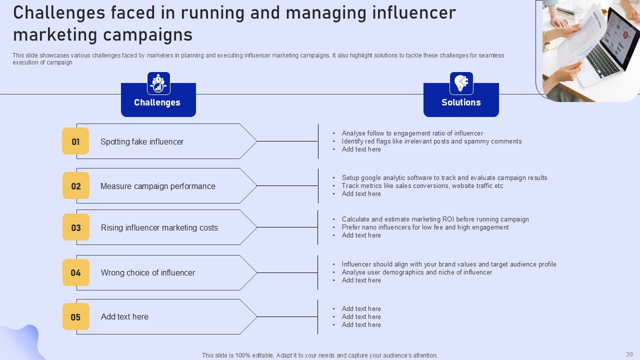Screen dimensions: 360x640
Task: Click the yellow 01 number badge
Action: [x=75, y=141]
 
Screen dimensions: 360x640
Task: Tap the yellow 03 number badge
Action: [x=76, y=227]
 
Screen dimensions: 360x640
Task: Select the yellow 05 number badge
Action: [x=75, y=317]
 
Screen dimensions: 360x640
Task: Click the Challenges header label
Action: [x=157, y=102]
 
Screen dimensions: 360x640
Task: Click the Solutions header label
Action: [x=461, y=102]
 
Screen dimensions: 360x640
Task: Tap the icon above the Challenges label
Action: [x=158, y=83]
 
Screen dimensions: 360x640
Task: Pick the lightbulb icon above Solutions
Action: [x=461, y=83]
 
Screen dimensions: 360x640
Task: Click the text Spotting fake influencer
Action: [x=142, y=142]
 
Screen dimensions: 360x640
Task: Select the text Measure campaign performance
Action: [x=158, y=186]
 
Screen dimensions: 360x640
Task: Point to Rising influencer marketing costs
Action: [x=159, y=228]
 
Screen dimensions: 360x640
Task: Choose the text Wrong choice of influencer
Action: [x=148, y=273]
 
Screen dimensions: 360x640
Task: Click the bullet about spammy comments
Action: [x=431, y=141]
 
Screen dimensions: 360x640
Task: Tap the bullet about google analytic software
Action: [x=444, y=178]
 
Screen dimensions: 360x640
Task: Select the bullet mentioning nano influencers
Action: [x=425, y=227]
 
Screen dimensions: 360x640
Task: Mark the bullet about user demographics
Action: [x=417, y=272]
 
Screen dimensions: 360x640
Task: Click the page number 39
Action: [x=629, y=354]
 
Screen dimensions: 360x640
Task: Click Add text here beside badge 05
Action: [x=124, y=317]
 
